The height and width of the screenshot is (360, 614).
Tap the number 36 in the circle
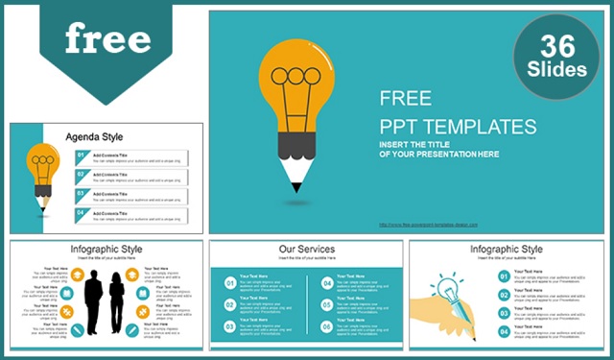click(557, 44)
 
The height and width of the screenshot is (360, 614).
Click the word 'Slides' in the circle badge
click(557, 70)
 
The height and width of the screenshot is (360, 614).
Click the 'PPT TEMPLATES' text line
click(458, 126)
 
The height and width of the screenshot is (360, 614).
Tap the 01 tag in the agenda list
click(83, 155)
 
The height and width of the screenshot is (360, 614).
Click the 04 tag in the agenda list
click(83, 212)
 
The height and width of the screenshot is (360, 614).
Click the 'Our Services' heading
click(307, 250)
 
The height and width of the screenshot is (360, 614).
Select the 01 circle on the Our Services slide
click(229, 283)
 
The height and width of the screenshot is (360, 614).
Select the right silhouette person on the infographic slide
click(117, 302)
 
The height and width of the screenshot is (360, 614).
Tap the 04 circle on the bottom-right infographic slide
click(504, 331)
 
